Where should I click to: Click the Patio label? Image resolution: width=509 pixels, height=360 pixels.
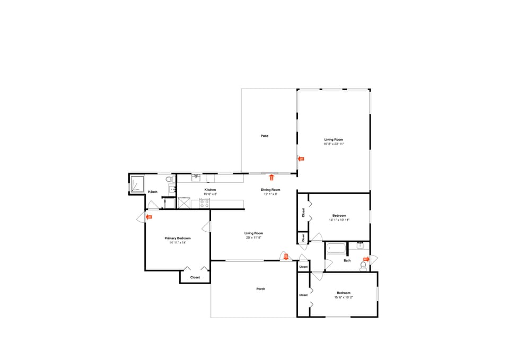click(x=264, y=136)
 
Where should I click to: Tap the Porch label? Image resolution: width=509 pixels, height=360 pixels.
click(x=260, y=289)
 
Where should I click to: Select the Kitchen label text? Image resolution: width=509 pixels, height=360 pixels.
click(x=210, y=190)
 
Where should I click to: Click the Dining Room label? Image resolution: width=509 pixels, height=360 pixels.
click(x=270, y=190)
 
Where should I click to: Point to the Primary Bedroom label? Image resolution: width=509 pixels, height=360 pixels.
click(x=177, y=239)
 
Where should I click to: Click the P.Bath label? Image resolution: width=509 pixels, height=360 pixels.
click(x=153, y=192)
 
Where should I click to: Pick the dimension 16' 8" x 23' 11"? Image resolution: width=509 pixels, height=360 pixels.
click(x=334, y=144)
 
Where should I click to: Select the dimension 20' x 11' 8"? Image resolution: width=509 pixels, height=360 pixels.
click(x=253, y=238)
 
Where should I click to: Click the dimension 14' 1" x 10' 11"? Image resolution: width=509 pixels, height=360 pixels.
click(x=339, y=219)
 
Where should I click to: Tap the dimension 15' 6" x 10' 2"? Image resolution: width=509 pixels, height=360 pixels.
click(x=344, y=297)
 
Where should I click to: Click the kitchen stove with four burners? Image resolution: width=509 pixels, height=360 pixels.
click(x=204, y=202)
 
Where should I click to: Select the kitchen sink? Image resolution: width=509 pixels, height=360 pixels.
click(x=196, y=177)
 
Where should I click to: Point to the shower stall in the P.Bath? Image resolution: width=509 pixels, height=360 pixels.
click(x=137, y=183)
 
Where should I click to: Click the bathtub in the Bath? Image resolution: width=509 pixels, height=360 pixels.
click(x=336, y=248)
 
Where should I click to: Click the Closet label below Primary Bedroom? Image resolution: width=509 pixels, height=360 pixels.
click(x=195, y=277)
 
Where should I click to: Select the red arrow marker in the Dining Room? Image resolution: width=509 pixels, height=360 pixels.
click(x=271, y=178)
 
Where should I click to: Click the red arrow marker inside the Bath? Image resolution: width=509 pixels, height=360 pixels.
click(x=365, y=259)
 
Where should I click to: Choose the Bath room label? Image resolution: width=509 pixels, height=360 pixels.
click(x=347, y=260)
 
